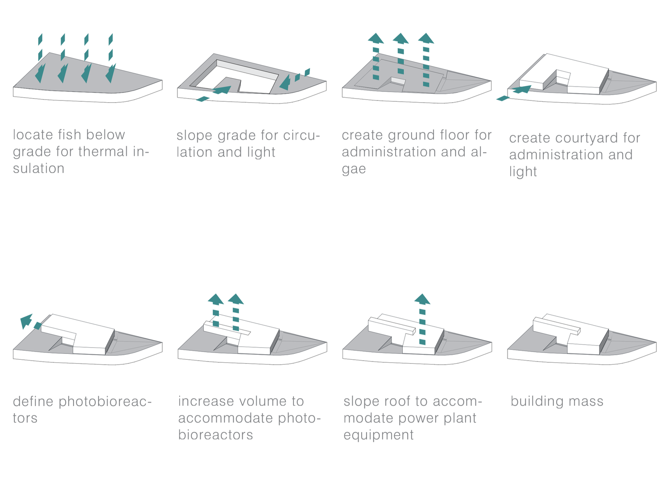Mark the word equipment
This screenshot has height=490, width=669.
(x=378, y=435)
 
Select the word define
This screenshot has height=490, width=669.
(x=33, y=401)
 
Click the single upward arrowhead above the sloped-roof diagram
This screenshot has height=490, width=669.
(x=422, y=299)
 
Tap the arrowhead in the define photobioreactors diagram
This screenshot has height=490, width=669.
(x=26, y=320)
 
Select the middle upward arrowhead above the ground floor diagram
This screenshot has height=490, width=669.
(x=401, y=38)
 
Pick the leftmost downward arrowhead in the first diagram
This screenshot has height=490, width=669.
(x=41, y=73)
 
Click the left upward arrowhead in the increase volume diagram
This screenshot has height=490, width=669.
(x=216, y=299)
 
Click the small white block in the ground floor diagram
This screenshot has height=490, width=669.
(x=398, y=81)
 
